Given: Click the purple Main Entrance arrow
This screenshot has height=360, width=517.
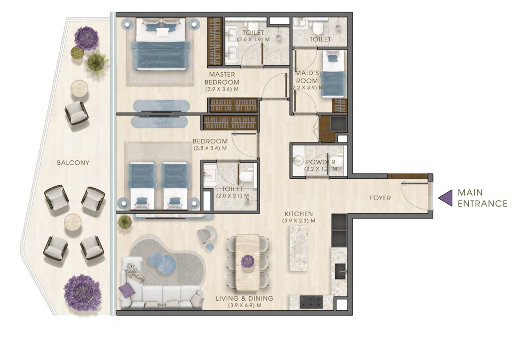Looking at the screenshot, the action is coord(446,198).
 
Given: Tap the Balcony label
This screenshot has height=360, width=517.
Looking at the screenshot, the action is coord(73,162).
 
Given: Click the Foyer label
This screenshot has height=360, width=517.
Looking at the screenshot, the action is coord(380,198).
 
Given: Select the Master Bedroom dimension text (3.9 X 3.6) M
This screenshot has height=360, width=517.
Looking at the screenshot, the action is coord(222,89).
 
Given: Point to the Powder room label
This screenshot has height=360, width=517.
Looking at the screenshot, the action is coord(320,162).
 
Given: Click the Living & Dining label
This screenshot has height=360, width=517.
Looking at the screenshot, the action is coord(245,298).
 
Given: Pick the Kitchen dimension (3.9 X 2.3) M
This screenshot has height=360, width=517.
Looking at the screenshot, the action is coord(299,221).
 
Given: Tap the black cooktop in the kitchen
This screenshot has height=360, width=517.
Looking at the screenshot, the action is coord(311,301).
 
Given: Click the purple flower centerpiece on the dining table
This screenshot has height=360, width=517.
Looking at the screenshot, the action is coord(248,261).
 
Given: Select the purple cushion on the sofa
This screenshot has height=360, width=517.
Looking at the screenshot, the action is coord(127,290).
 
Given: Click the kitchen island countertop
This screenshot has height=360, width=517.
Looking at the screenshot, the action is coord(298,248).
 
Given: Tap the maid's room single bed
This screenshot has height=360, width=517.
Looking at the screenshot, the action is coord(333,74).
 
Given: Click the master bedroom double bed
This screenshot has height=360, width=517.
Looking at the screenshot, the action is coord(161,44).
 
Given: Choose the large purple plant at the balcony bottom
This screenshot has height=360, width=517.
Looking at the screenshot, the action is coord(82,293).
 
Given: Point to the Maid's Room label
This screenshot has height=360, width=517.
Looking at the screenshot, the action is coord(307,77).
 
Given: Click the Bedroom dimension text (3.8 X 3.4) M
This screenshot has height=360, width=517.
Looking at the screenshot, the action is coord(210,148).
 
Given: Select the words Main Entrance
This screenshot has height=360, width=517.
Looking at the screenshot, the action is coord(482,198).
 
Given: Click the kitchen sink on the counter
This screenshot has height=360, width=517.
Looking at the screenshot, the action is coord(340,271).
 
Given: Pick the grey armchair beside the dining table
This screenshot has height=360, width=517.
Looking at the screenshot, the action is coord(206,234).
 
